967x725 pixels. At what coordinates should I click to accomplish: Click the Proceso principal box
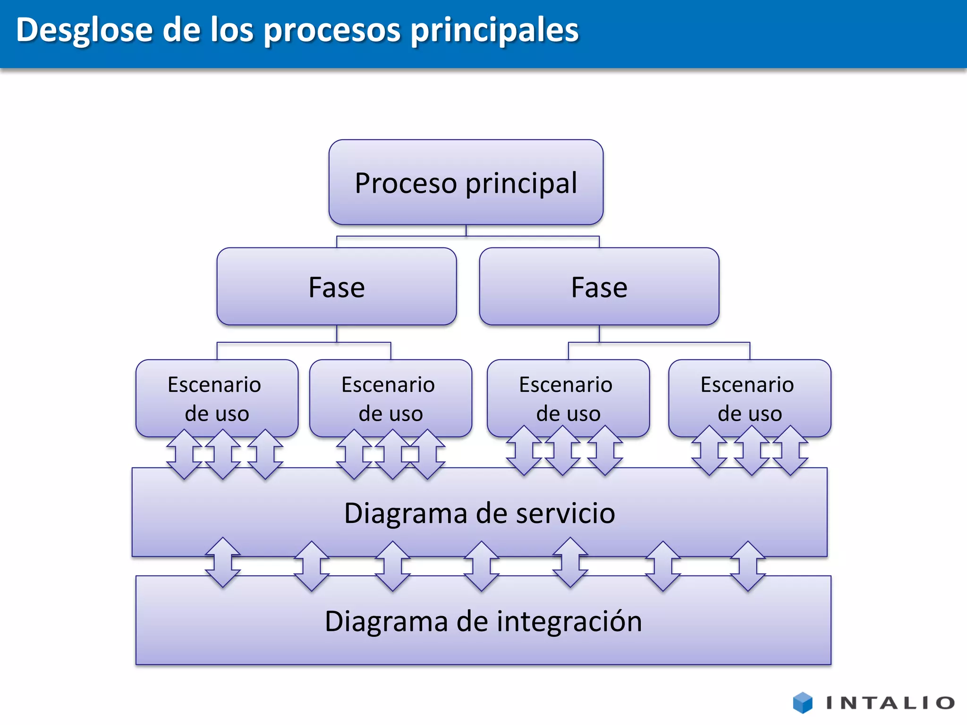(x=466, y=182)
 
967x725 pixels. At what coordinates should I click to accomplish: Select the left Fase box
(x=336, y=287)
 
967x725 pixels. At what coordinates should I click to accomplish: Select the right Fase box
(x=599, y=287)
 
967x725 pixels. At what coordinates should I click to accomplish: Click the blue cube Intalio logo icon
(x=802, y=702)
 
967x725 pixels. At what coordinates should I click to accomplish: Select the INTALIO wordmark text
(x=891, y=703)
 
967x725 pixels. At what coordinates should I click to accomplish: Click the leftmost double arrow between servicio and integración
(x=223, y=562)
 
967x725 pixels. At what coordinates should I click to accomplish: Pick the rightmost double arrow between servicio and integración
(x=748, y=566)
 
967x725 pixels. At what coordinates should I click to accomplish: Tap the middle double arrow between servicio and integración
(x=482, y=566)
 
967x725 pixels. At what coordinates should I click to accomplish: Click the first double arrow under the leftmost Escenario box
(x=184, y=454)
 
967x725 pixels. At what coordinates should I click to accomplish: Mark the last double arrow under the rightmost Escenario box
(x=790, y=450)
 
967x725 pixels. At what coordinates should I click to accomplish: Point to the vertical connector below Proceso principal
(x=466, y=230)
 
